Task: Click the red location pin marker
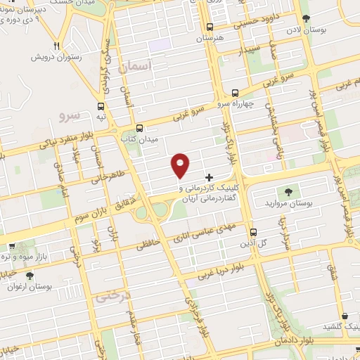pyautogui.click(x=181, y=164)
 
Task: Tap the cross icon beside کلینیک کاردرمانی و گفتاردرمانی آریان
pyautogui.click(x=209, y=176)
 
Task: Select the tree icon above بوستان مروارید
pyautogui.click(x=288, y=192)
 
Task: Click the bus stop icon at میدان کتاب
pyautogui.click(x=139, y=128)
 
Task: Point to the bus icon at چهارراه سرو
pyautogui.click(x=235, y=93)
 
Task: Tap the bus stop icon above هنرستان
pyautogui.click(x=209, y=27)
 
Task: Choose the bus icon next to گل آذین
pyautogui.click(x=253, y=231)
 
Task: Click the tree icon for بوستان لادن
pyautogui.click(x=305, y=19)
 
